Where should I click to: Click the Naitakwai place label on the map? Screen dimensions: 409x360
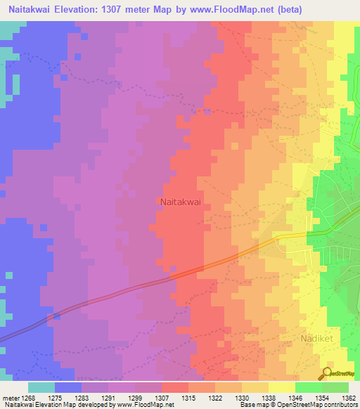coord(181,201)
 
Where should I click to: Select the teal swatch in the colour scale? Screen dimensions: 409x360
coord(41,387)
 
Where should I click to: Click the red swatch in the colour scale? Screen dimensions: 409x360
coord(175,387)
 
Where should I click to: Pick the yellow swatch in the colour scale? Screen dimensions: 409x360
coord(282,387)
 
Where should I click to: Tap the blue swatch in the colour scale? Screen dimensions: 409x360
coord(68,387)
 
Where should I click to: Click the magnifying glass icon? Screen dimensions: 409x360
coord(327,372)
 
